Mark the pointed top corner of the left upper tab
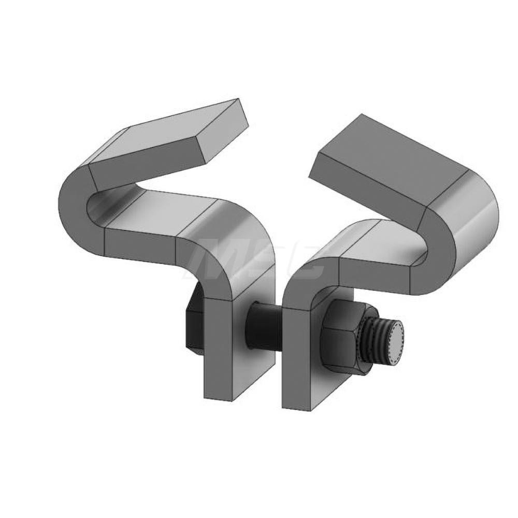tap(238, 99)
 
